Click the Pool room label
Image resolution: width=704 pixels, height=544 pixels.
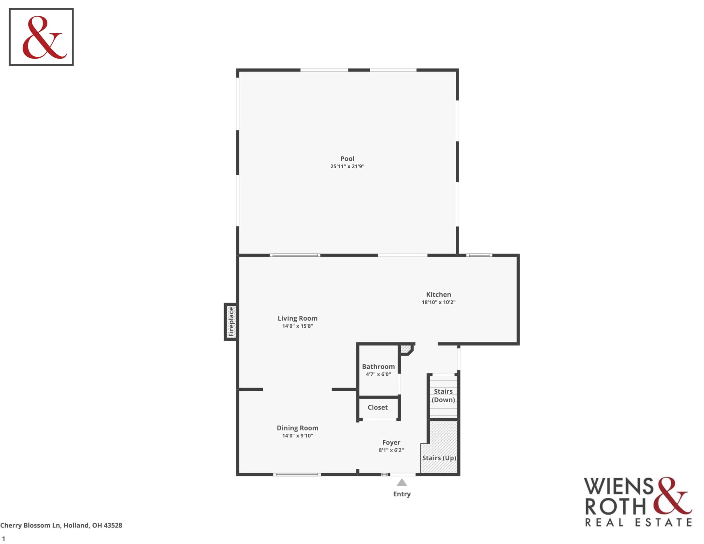pos(347,158)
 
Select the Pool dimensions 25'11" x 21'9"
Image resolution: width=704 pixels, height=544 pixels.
pos(347,166)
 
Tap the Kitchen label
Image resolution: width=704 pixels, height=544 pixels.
pos(438,294)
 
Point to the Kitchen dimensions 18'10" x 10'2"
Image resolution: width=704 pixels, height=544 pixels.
pos(438,302)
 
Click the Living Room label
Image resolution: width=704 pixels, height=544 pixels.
pos(298,318)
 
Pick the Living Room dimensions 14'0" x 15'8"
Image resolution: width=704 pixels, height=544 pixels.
pos(298,326)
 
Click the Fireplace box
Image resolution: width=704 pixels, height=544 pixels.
pos(231,322)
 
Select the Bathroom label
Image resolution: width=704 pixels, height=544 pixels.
pos(378,367)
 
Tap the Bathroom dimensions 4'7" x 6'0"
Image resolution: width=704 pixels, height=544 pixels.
pos(378,374)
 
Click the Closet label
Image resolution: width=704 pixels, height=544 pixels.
pos(378,408)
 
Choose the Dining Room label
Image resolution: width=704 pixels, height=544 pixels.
pos(298,428)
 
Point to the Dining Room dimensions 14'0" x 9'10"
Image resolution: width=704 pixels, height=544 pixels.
pos(298,436)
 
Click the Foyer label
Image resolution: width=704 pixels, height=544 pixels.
pos(391,443)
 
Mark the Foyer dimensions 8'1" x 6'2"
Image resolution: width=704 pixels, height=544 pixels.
pos(391,451)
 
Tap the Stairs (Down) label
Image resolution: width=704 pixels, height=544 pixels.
pos(443,396)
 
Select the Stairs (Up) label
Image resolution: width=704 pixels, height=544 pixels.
pos(439,458)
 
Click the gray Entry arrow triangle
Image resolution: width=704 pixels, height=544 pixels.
pos(402,483)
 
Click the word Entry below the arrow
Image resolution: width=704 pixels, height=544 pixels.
pos(402,494)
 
